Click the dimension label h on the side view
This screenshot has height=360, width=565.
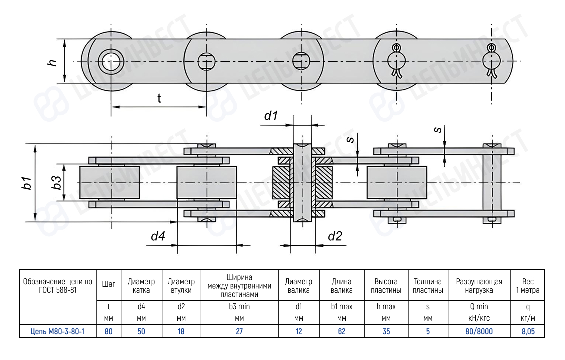52,62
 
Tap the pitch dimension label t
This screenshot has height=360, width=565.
159,98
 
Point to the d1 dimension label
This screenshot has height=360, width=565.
271,116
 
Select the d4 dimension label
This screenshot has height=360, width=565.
158,236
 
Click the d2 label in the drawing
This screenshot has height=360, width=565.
335,236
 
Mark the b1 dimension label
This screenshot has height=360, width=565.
27,183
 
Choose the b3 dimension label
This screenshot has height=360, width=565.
56,182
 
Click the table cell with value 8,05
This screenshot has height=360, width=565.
528,331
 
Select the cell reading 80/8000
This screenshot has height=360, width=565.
479,331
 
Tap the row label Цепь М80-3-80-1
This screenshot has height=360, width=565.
57,331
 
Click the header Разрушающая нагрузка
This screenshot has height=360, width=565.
479,286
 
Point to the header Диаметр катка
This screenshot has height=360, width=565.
141,286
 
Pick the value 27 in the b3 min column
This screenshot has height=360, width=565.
239,331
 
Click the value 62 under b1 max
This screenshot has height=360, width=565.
342,331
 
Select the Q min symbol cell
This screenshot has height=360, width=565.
479,306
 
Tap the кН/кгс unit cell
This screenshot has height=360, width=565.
479,318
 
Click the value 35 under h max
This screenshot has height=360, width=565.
386,331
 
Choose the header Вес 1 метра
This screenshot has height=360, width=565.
528,286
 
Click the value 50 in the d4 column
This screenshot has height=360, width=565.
141,331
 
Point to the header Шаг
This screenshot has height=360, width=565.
109,284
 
